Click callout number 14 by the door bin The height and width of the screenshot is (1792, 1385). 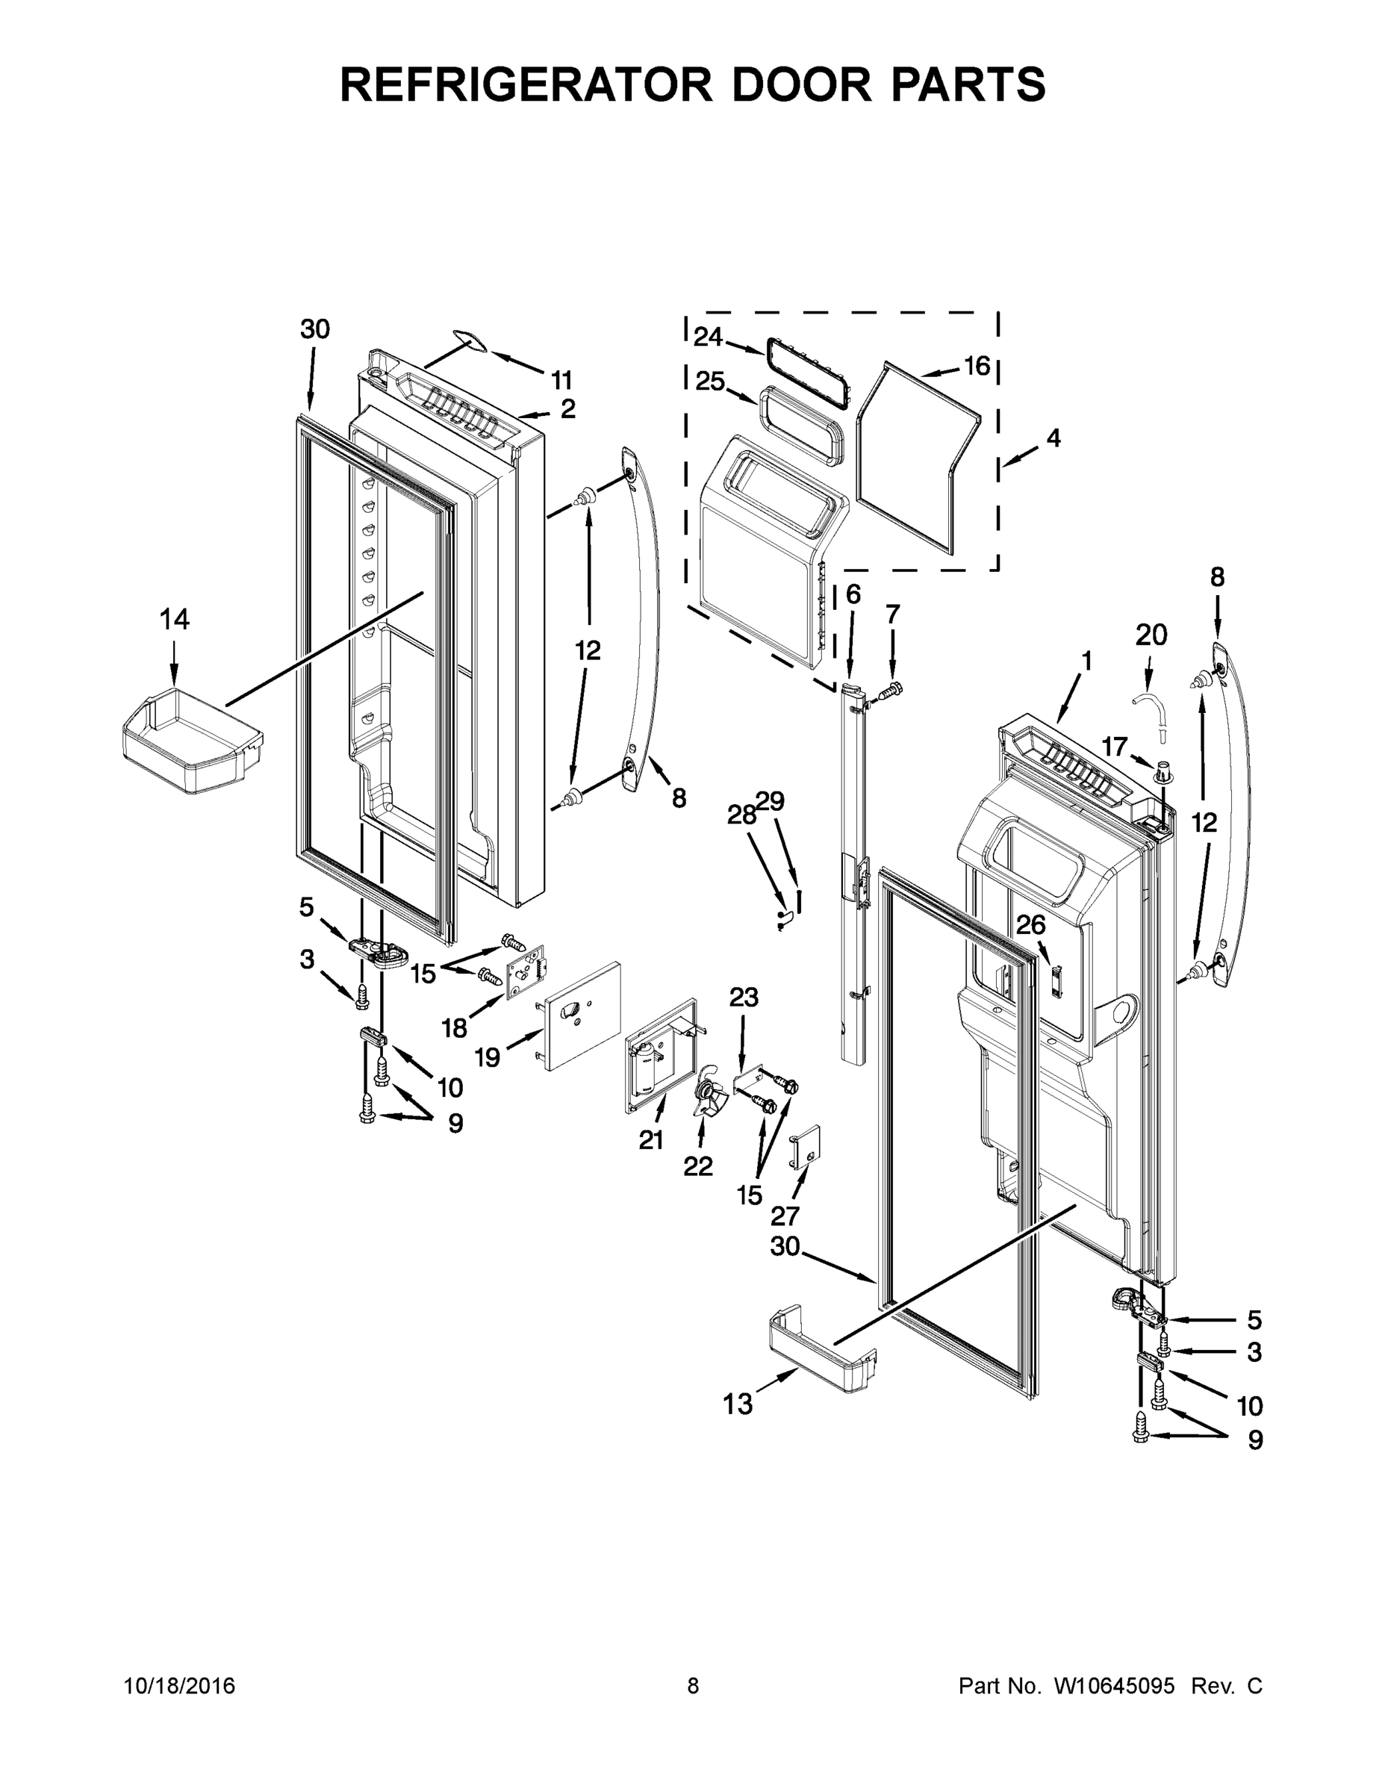[174, 620]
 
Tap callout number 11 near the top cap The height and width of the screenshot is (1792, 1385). [561, 380]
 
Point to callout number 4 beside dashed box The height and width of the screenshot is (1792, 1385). [1053, 438]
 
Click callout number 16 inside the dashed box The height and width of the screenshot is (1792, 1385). [977, 366]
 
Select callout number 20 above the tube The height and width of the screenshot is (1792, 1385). [1151, 635]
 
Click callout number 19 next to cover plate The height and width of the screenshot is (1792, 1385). [488, 1057]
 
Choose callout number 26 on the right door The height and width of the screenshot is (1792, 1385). [1030, 926]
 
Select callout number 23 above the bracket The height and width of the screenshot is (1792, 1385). [744, 998]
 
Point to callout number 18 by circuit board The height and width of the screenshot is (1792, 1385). [454, 1027]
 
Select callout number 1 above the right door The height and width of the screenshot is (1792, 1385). [1086, 661]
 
